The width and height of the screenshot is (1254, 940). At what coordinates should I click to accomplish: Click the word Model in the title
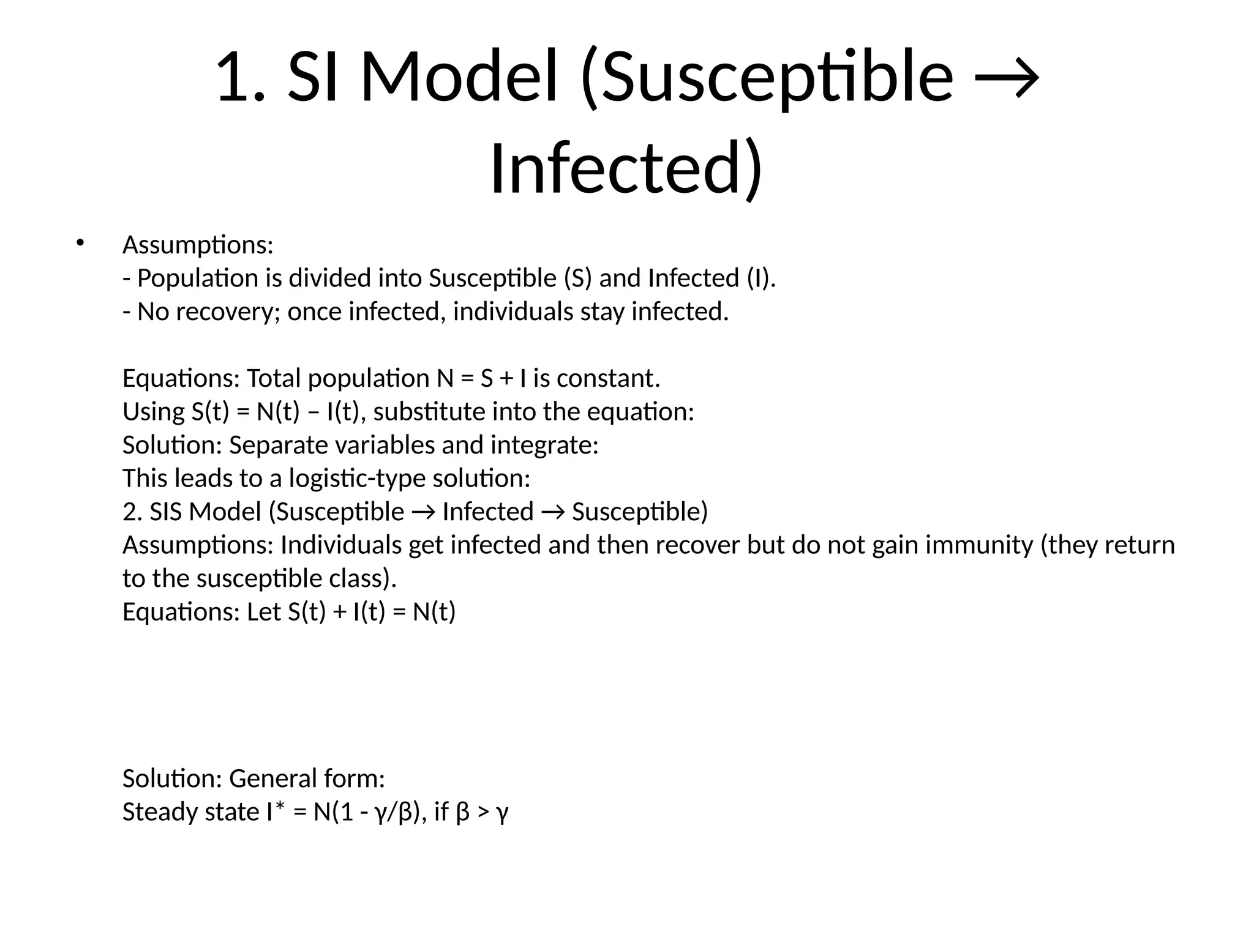(x=459, y=78)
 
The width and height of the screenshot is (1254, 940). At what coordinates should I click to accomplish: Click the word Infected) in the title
(x=626, y=168)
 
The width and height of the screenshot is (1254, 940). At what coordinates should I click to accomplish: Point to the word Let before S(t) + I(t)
(x=264, y=612)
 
